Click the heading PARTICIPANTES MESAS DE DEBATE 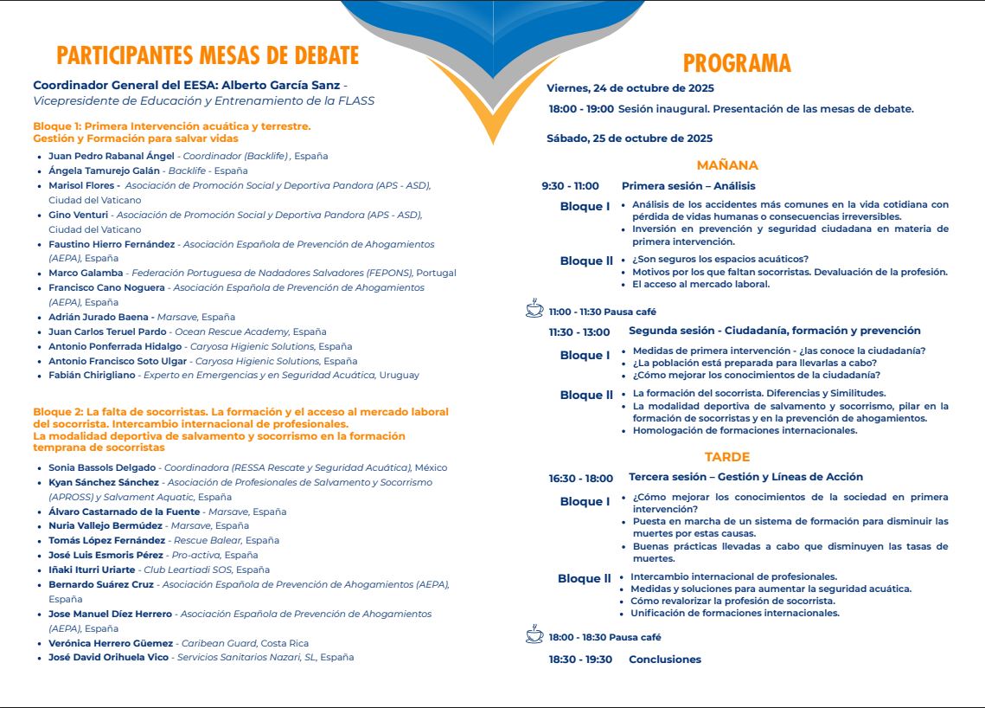tap(208, 56)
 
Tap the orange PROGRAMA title tap(737, 63)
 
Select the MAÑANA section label tap(727, 165)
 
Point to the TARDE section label tap(727, 457)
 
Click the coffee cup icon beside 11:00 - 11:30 tap(534, 310)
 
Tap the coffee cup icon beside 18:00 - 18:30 tap(534, 635)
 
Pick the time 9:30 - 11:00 tap(570, 186)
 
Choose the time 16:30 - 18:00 tap(580, 478)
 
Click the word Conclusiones tap(664, 660)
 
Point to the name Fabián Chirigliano tap(93, 376)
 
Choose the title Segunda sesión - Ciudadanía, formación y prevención tap(774, 331)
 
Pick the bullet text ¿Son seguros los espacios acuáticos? tap(720, 259)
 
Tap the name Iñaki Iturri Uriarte tap(92, 570)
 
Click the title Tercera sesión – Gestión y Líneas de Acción tap(745, 477)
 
